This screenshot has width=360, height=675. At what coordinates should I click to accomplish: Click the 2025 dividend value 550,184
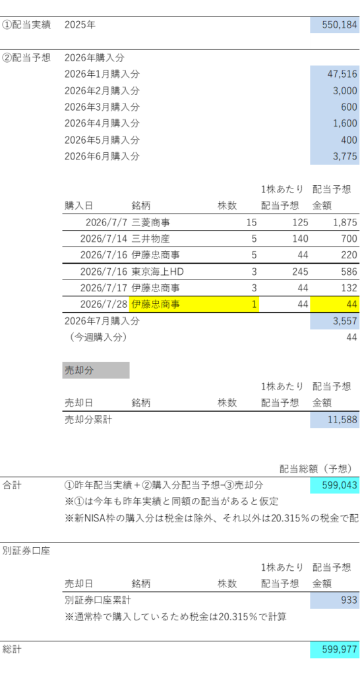340,25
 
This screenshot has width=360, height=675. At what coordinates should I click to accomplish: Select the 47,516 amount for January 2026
342,74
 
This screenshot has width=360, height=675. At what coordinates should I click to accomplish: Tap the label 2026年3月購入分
102,107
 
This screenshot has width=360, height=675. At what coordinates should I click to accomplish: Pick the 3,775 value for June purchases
345,156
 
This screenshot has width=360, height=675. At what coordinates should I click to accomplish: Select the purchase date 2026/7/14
104,239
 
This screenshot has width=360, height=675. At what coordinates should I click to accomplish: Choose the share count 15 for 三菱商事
251,223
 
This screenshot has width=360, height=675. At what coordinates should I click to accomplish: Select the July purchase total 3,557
345,321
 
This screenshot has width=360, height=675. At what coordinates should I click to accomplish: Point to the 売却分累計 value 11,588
343,420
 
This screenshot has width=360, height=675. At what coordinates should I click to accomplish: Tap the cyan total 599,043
340,485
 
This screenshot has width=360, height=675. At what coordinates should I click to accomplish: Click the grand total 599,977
340,649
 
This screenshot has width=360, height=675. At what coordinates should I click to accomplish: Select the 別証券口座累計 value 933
349,600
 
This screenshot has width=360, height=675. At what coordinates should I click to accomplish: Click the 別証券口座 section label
26,551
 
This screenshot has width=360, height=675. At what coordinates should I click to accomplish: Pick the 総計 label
12,649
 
